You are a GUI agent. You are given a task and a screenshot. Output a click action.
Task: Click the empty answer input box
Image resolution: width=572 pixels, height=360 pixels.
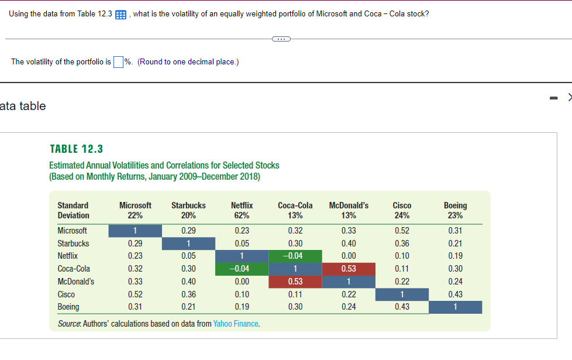(119, 62)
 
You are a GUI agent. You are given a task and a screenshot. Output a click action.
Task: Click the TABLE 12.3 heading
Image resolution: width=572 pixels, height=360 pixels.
(77, 149)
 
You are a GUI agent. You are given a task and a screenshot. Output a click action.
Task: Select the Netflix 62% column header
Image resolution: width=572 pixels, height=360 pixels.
(242, 210)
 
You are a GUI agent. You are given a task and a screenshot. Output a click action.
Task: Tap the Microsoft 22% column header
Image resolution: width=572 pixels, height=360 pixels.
(135, 210)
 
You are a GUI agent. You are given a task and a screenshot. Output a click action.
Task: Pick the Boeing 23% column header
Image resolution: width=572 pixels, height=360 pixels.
(455, 210)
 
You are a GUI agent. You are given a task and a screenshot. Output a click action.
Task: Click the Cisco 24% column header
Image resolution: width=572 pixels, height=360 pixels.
(402, 210)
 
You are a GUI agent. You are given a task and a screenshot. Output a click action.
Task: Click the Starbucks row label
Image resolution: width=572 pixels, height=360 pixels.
(73, 244)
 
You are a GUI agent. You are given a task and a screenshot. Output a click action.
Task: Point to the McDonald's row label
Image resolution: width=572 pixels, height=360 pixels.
(75, 282)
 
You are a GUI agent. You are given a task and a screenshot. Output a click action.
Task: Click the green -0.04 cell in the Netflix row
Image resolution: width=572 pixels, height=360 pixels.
(295, 256)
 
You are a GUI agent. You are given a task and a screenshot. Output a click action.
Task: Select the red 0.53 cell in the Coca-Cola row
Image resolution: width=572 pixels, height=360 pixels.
(348, 269)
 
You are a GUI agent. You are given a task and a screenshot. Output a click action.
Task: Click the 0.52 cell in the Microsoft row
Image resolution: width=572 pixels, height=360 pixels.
(402, 231)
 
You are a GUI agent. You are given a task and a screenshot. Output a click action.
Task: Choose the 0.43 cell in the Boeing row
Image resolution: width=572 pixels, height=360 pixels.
(402, 307)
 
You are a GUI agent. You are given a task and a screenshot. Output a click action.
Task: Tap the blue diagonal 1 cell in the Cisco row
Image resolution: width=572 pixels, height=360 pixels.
(402, 294)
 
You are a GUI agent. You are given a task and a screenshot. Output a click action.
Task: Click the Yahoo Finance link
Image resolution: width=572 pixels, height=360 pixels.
(236, 324)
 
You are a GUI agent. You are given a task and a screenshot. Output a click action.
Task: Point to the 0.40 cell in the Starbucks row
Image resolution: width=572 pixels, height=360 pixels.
(348, 244)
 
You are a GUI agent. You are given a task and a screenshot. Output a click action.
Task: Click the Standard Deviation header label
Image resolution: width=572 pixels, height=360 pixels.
(73, 210)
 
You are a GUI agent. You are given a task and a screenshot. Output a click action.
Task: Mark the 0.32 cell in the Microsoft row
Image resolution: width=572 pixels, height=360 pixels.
(295, 231)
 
